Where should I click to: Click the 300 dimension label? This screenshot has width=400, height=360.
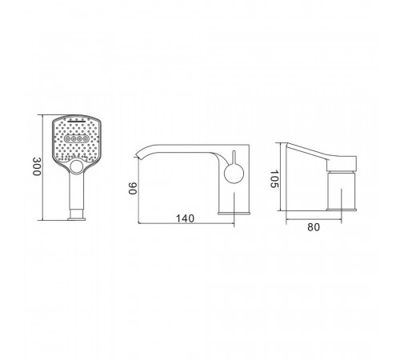[37, 166]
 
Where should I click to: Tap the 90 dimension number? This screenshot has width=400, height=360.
[133, 189]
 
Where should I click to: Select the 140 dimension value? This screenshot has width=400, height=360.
[185, 218]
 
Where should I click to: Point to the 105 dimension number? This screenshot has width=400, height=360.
[274, 179]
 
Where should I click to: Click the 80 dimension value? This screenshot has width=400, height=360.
[314, 227]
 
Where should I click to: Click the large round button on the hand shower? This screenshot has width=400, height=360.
[77, 167]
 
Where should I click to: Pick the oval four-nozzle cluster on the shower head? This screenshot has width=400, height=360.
[76, 138]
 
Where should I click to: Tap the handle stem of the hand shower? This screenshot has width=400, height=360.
[77, 191]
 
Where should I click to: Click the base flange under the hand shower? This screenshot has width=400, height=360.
[77, 219]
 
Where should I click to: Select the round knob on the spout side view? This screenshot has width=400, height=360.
[234, 174]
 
